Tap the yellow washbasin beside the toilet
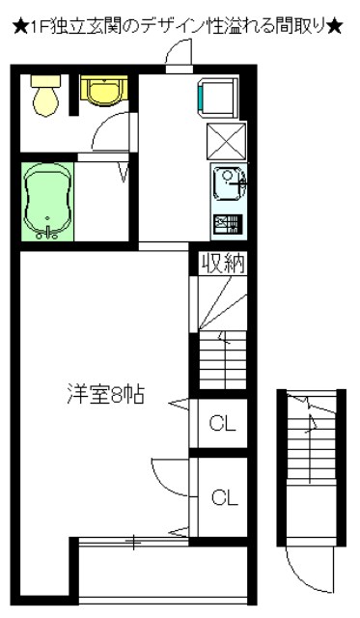tap(100, 91)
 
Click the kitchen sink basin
tap(230, 181)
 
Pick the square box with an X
tap(227, 141)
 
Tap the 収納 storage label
tap(223, 264)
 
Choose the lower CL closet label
tap(224, 498)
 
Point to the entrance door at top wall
tap(178, 60)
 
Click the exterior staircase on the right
tap(310, 473)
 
